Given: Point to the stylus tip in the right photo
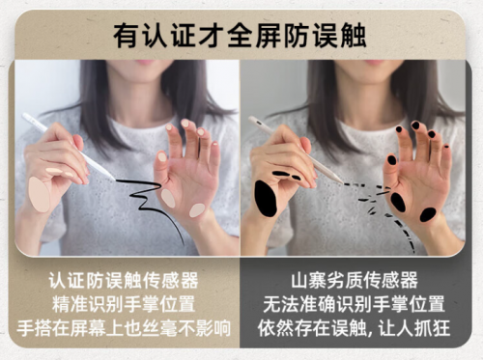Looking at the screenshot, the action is click(x=342, y=181).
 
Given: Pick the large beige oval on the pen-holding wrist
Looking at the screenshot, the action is click(x=39, y=194).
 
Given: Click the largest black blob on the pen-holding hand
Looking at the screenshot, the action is click(x=266, y=198).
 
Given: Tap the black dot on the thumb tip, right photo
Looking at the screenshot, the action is click(x=392, y=159).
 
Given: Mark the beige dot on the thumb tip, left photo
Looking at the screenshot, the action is click(x=162, y=156).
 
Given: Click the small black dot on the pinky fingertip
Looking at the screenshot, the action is click(x=446, y=147).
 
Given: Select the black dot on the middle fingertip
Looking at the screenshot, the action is click(x=415, y=125).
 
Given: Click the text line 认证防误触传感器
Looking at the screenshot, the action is click(x=124, y=281).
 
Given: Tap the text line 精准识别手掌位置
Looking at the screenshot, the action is click(x=124, y=304).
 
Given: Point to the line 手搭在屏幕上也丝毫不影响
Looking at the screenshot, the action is click(x=124, y=328).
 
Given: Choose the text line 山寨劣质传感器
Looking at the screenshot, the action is click(x=355, y=281).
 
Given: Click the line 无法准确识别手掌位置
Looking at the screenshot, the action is click(x=354, y=304).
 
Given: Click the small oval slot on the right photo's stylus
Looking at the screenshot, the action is click(x=259, y=123).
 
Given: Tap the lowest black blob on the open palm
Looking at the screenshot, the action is click(x=428, y=214).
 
